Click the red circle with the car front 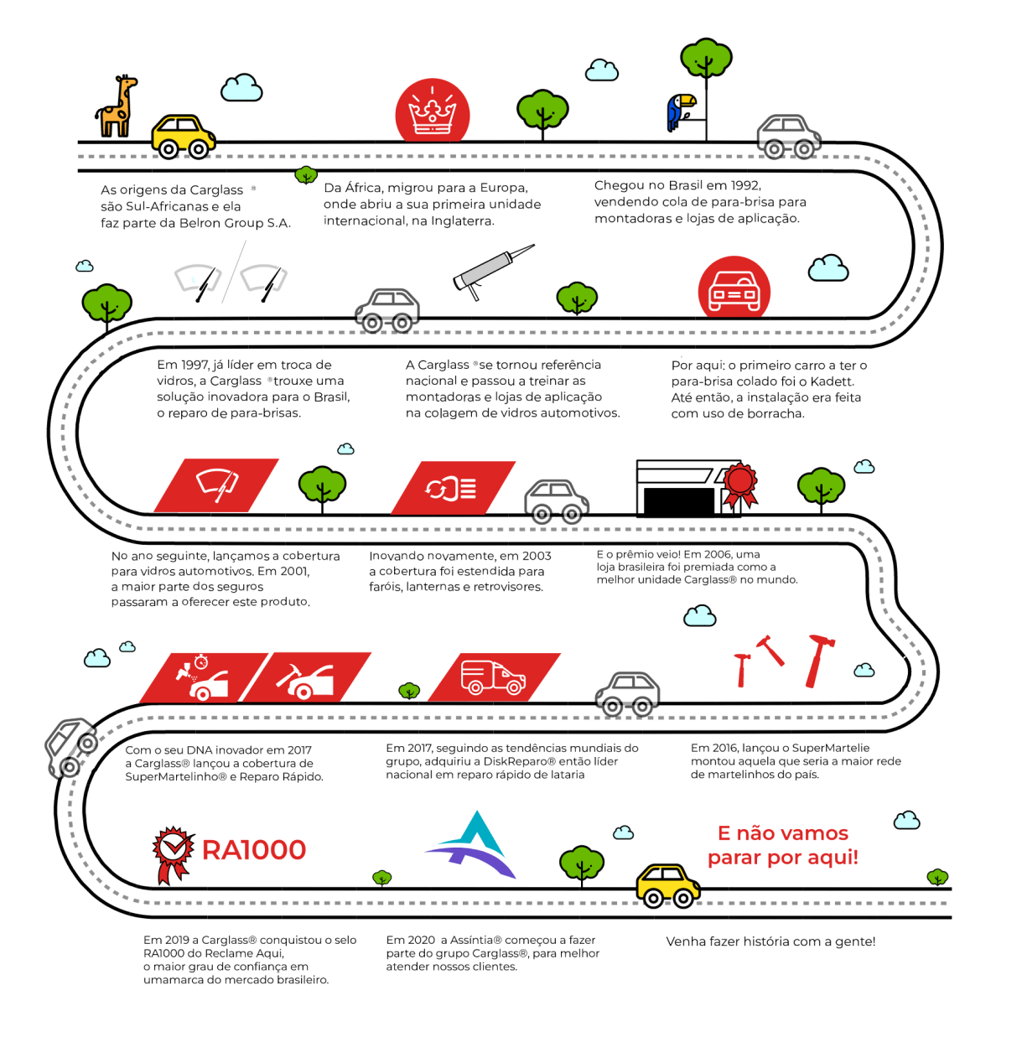click(734, 288)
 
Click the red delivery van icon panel click(494, 677)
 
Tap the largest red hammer click(818, 660)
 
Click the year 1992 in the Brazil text click(746, 185)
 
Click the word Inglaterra click(463, 221)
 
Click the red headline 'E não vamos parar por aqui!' click(783, 845)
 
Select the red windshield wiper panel click(216, 485)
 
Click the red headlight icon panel click(453, 488)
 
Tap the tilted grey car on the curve click(71, 746)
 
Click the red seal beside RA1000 click(173, 853)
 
